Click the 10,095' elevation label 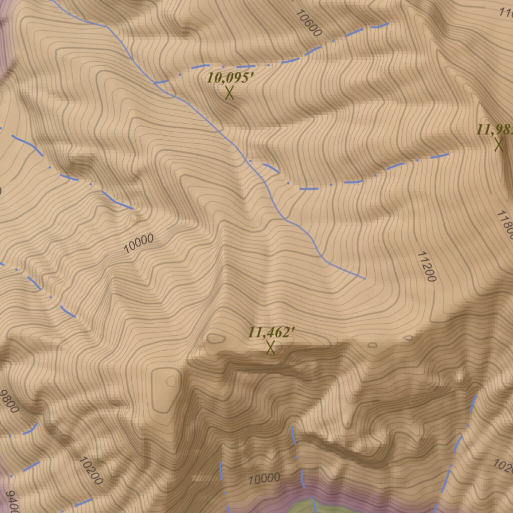[x=227, y=78]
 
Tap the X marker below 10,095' [x=229, y=93]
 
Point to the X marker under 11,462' [x=271, y=347]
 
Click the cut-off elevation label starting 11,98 [x=495, y=130]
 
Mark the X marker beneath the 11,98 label [x=498, y=145]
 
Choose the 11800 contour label [x=504, y=225]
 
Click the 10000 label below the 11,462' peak [x=264, y=478]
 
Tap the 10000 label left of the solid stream [x=138, y=243]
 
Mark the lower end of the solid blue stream [x=364, y=278]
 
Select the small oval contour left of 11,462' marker [x=216, y=339]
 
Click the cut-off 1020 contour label [x=504, y=466]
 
